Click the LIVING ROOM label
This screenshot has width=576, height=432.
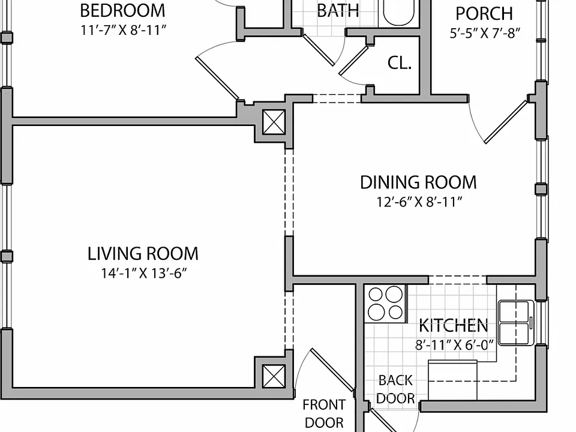tap(143, 253)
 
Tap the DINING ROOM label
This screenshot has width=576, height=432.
tap(418, 182)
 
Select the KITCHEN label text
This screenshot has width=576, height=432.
tap(454, 325)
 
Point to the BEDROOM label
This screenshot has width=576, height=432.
tap(122, 10)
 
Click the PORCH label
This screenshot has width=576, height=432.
tap(484, 14)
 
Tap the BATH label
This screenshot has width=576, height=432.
tap(338, 10)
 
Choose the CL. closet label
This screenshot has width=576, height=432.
tap(400, 63)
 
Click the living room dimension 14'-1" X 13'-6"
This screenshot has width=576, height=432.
tap(144, 273)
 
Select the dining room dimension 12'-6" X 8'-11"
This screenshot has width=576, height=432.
tap(419, 202)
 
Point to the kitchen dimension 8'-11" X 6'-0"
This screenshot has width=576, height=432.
tap(454, 345)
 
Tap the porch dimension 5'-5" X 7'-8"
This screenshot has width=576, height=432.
tap(485, 33)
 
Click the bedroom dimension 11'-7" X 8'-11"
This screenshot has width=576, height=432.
tap(124, 30)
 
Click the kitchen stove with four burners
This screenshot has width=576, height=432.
tap(386, 304)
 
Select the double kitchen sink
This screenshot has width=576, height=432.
tap(516, 323)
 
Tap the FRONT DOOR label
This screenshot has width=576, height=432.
tap(324, 413)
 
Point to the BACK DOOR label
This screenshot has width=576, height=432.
tap(395, 389)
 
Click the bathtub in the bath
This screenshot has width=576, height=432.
tap(398, 12)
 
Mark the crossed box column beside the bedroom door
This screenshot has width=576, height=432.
tap(274, 122)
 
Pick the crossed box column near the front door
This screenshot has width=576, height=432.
tap(274, 376)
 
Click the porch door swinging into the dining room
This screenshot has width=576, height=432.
tap(506, 121)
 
